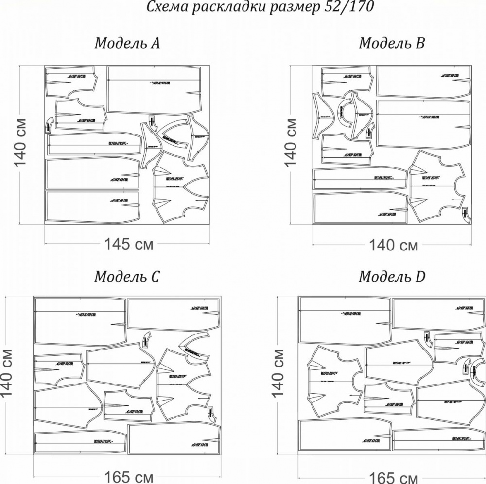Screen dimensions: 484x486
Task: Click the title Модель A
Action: coord(127,43)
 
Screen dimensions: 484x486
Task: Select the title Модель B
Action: coord(392,43)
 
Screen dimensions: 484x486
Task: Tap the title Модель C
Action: coord(127,277)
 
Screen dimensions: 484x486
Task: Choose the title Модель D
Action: coord(392,277)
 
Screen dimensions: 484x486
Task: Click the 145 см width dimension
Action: coord(129,244)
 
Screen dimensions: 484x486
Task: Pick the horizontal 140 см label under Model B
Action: coord(393,245)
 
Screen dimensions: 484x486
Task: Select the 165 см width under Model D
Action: coord(393,478)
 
